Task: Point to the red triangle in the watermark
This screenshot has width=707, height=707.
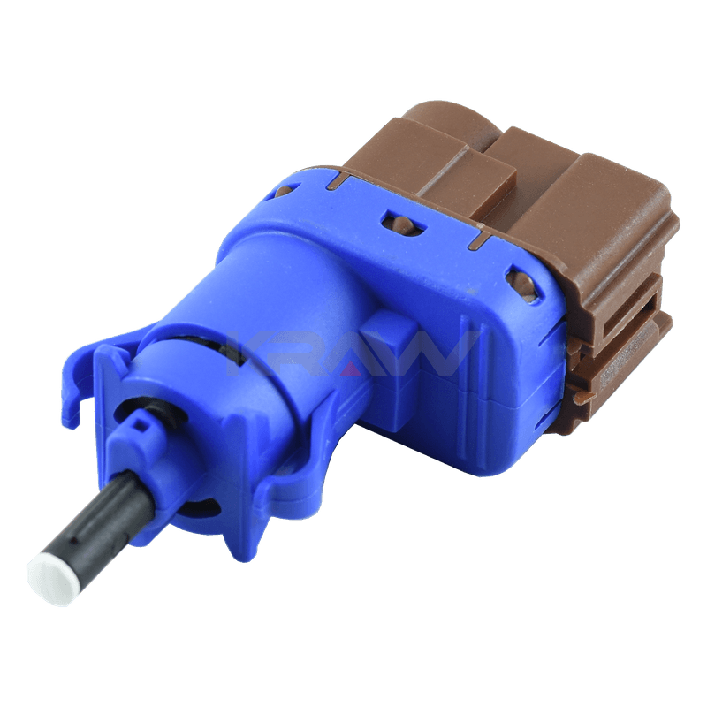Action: coord(351,369)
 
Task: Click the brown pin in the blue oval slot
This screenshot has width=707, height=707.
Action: coord(402,224)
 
